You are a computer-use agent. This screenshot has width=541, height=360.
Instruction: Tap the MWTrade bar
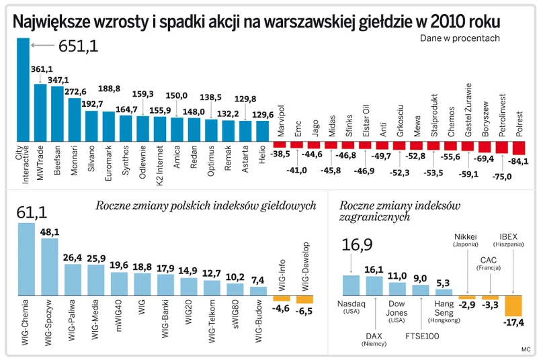[x=40, y=111]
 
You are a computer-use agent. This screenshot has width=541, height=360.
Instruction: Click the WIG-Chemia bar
[x=26, y=259]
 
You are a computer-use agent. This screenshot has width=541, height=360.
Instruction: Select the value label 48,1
[x=50, y=232]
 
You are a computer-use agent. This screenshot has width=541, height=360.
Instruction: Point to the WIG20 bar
[x=189, y=286]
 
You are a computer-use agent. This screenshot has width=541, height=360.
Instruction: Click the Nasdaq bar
[x=351, y=285]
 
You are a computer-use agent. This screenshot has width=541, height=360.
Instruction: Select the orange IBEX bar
[x=513, y=306]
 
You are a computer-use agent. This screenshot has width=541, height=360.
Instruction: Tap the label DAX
[x=374, y=335]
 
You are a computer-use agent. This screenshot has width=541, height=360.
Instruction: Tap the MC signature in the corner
[x=525, y=349]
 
